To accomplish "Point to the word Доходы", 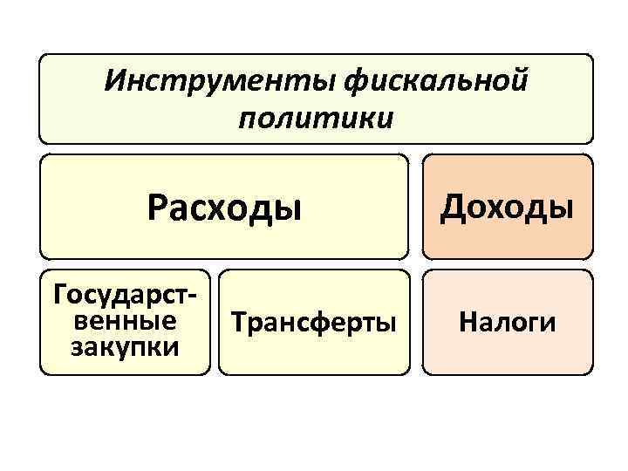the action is (x=507, y=207).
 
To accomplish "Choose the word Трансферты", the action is (x=313, y=323).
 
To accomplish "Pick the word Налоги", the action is (x=507, y=323).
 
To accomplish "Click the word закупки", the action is (x=124, y=346).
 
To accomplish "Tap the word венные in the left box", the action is (x=123, y=321).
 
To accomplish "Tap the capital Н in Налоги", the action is (x=467, y=323).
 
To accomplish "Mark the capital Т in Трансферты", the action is (x=237, y=323).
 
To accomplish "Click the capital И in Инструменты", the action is (x=113, y=82).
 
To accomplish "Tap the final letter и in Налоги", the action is (x=549, y=324).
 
